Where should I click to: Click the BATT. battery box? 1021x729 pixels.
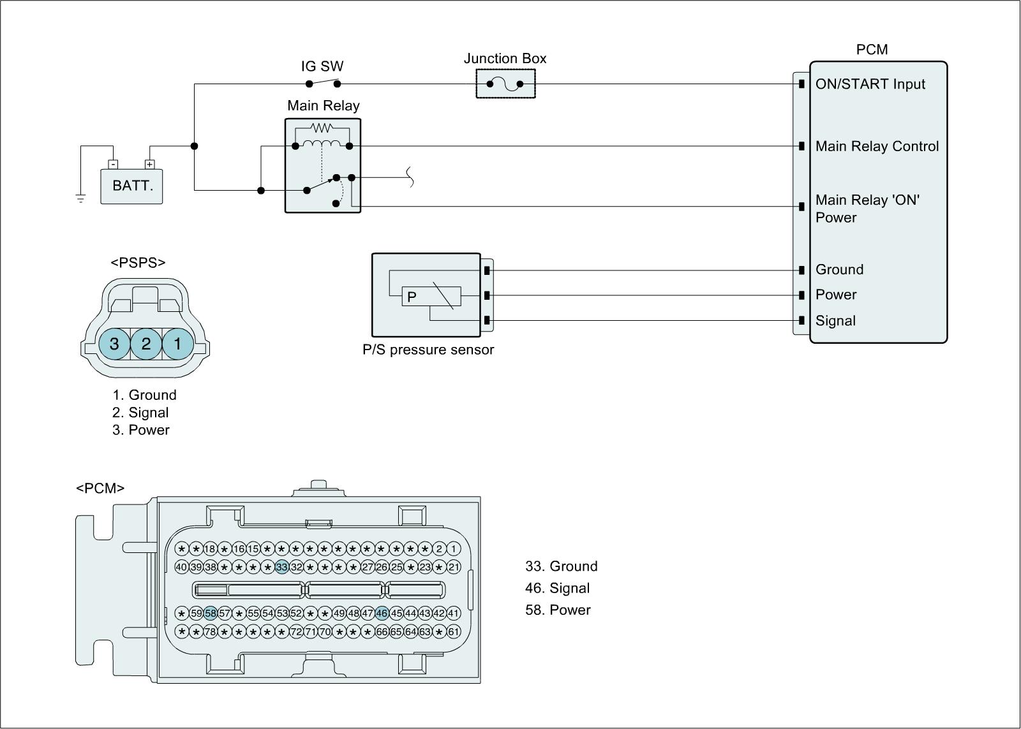click(x=131, y=186)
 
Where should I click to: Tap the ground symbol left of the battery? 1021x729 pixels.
click(x=81, y=198)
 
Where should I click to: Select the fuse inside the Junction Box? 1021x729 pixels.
click(x=505, y=84)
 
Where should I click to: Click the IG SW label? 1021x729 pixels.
click(x=322, y=66)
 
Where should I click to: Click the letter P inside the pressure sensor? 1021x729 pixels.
click(x=412, y=297)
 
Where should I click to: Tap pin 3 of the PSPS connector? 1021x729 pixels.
click(x=114, y=344)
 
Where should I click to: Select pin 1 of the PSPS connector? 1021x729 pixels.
click(x=177, y=344)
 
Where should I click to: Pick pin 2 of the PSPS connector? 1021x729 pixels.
click(x=146, y=344)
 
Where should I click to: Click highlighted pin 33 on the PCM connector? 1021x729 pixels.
click(x=282, y=567)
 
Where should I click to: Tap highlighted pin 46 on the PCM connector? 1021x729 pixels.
click(x=382, y=614)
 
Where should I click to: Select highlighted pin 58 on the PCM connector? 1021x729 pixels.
click(x=211, y=614)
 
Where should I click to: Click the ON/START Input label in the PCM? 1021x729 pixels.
click(x=870, y=84)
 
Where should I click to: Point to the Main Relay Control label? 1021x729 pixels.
click(x=877, y=147)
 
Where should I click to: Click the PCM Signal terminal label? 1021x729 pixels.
click(x=835, y=321)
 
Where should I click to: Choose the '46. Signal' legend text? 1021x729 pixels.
click(x=557, y=588)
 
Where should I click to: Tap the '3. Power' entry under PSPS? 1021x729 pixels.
click(x=141, y=430)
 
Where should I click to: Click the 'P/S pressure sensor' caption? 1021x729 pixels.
click(x=428, y=350)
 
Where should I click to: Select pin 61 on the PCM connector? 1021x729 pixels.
click(x=453, y=632)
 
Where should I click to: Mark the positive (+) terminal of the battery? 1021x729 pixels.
click(x=150, y=165)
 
